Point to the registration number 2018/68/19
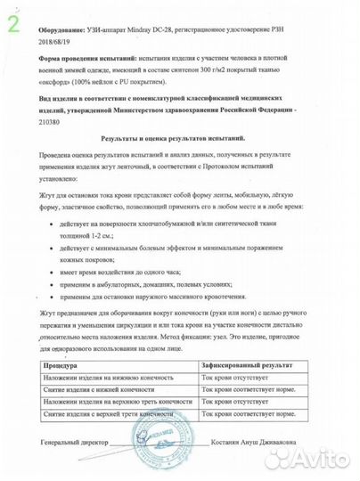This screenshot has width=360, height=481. pos(56,39)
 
